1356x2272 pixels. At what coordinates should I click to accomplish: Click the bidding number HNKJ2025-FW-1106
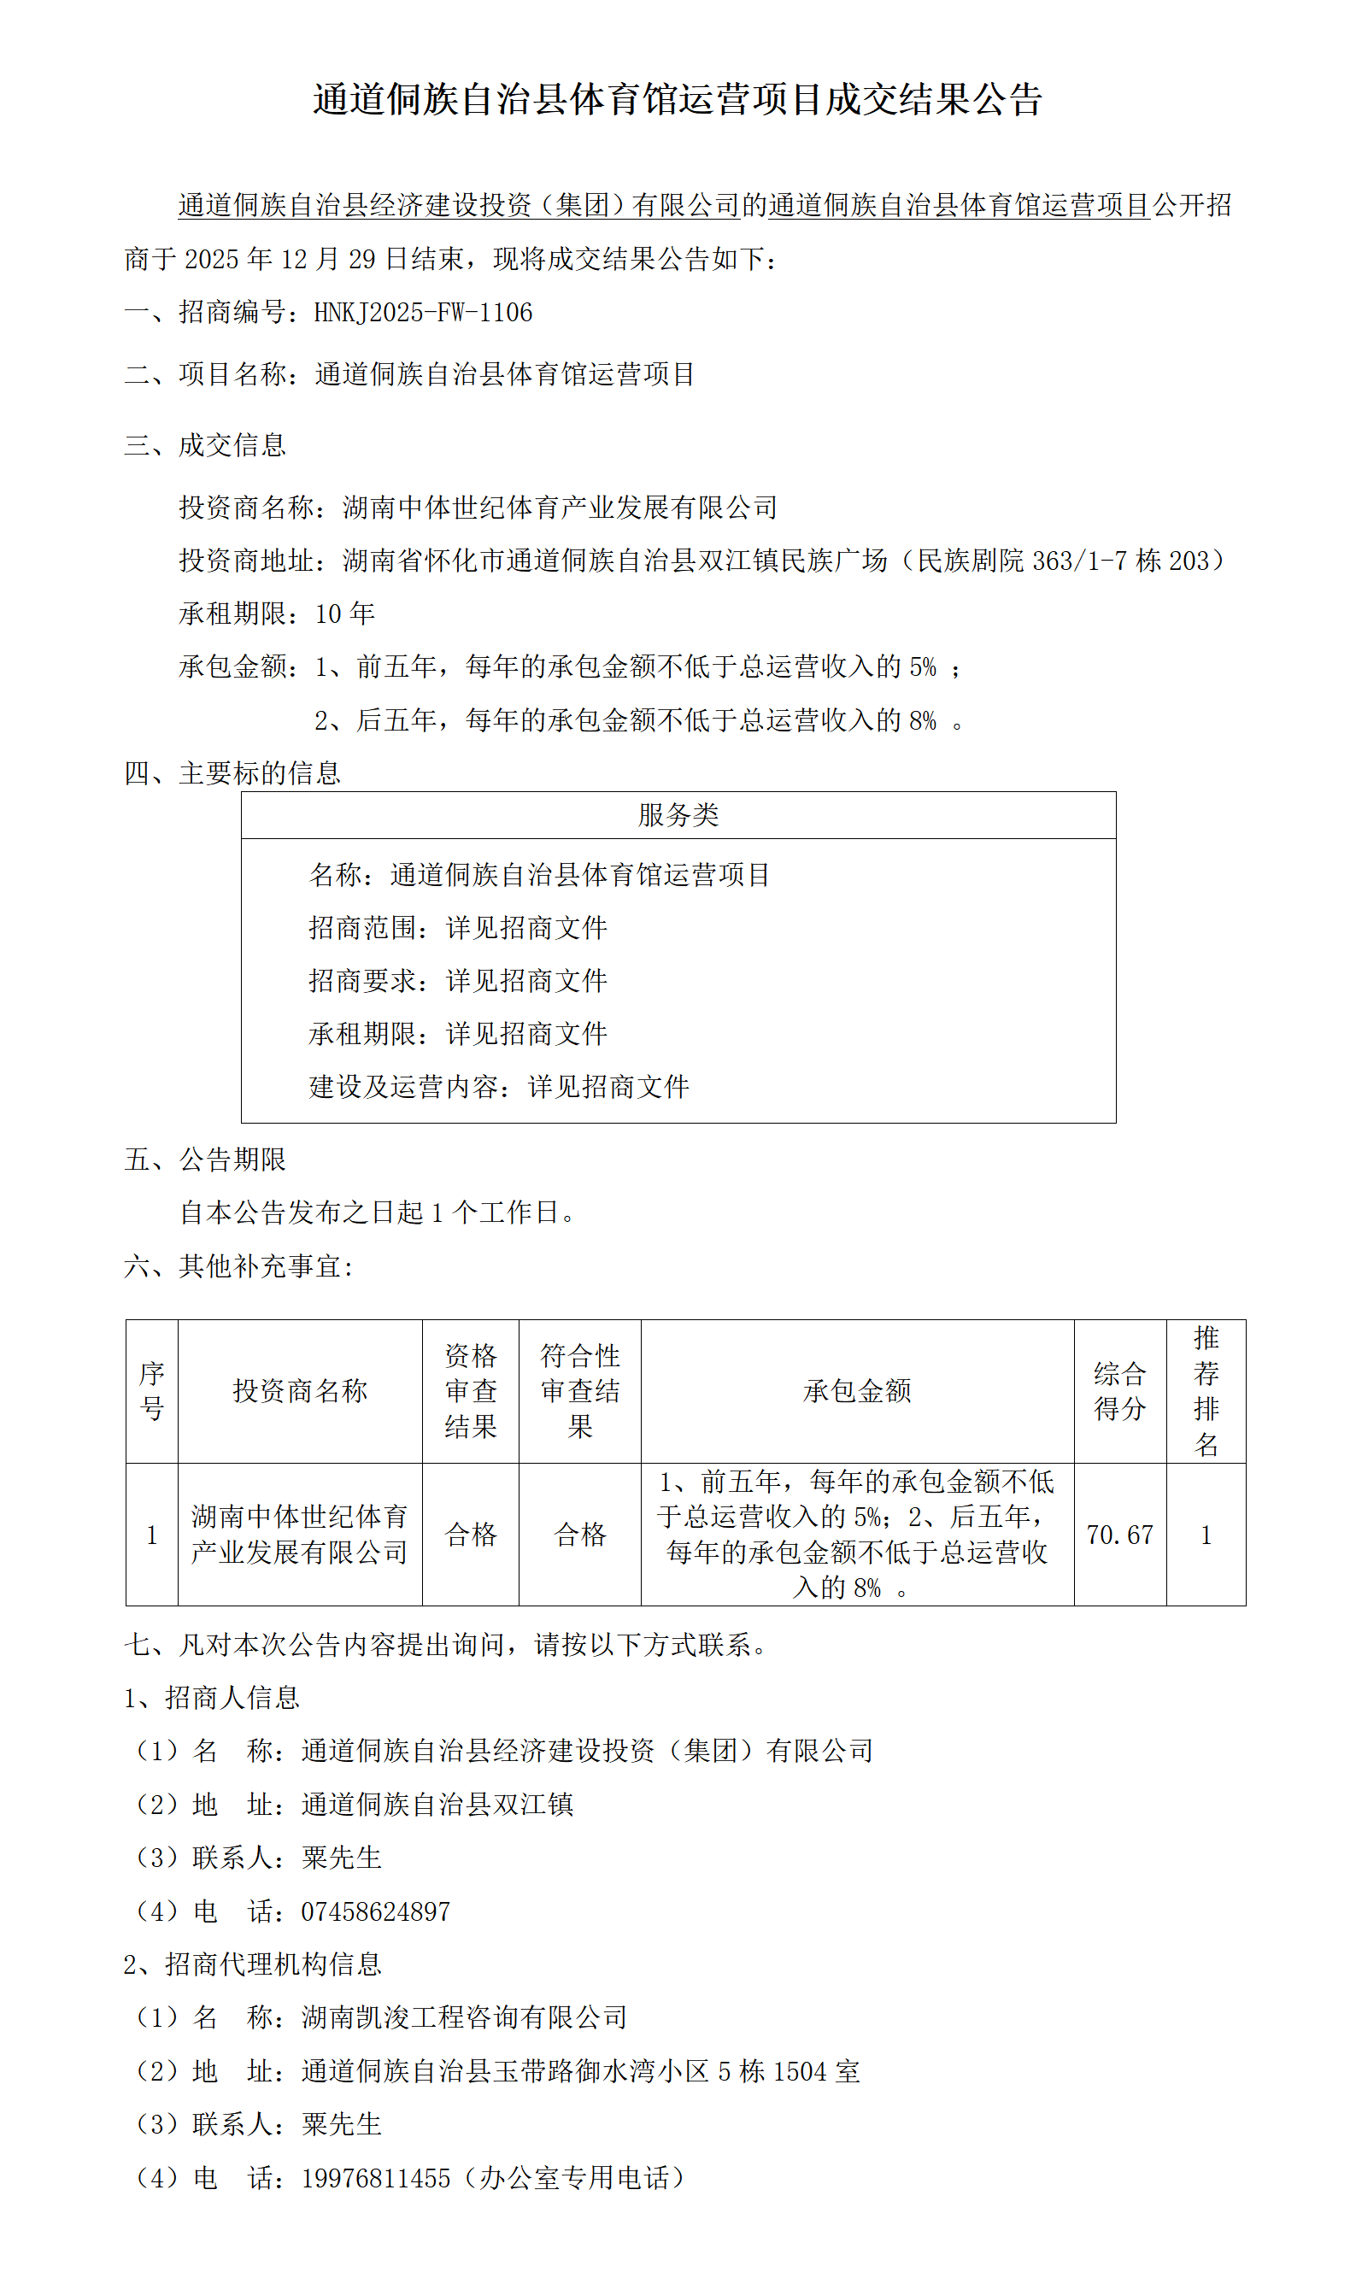422,313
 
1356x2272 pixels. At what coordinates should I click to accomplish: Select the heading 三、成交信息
206,445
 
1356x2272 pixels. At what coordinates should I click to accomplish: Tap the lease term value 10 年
344,613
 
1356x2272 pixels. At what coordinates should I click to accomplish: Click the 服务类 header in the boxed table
678,815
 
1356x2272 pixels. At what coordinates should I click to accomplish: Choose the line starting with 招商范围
458,928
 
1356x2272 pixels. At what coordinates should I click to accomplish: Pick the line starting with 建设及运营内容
499,1087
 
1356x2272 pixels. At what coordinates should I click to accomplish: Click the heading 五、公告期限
206,1159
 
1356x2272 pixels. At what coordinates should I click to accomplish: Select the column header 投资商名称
300,1390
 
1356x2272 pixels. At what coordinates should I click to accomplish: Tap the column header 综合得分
1119,1390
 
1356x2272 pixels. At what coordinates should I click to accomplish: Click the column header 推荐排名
1206,1390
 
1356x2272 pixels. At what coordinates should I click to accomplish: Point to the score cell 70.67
1119,1535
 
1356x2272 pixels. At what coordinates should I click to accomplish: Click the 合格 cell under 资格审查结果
471,1535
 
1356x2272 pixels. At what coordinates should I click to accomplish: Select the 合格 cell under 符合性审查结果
580,1535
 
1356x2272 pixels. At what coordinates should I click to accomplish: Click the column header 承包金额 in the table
857,1390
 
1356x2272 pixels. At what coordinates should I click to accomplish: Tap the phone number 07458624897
376,1911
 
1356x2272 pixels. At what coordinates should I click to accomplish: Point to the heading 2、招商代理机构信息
253,1964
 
